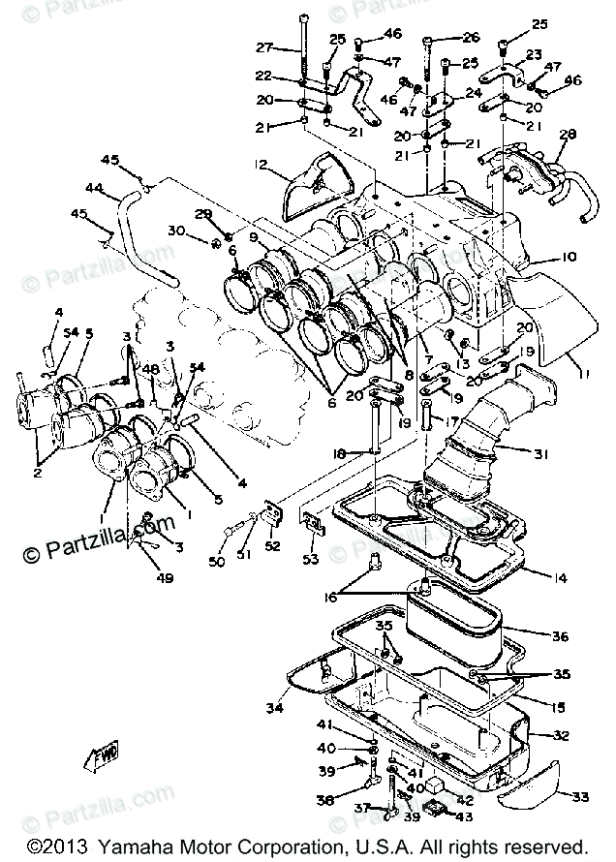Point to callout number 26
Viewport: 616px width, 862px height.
(471, 38)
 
